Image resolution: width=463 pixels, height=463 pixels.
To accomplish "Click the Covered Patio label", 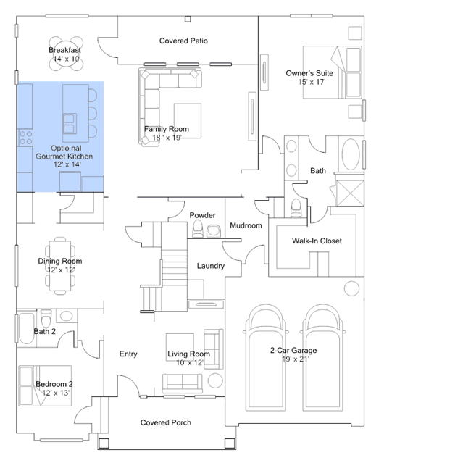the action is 183,41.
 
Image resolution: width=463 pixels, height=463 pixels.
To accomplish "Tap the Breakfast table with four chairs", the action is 66,54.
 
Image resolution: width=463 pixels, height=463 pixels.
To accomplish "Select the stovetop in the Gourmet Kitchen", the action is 25,138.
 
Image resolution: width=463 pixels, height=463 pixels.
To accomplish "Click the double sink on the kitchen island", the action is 70,124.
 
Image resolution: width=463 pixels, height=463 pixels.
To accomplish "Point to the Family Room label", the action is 167,129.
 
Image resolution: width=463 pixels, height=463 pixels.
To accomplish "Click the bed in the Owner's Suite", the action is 332,72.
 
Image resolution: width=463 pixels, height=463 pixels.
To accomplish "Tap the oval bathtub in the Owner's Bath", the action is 351,154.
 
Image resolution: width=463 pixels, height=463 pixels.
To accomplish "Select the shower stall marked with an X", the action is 350,193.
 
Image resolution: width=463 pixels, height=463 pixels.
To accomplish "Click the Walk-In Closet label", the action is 317,241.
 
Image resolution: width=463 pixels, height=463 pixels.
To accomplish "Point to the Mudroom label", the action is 246,225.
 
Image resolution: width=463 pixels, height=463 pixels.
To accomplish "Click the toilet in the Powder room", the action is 198,229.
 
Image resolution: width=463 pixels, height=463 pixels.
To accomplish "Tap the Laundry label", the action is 211,266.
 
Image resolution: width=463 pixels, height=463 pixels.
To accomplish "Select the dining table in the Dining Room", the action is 60,266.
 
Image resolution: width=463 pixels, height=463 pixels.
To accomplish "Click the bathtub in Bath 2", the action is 26,328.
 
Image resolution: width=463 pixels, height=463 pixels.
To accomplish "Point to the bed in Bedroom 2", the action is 45,385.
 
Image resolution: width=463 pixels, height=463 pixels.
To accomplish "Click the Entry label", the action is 128,354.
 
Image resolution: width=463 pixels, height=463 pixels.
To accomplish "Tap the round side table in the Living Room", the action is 215,380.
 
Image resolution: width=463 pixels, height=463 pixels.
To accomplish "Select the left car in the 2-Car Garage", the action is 266,358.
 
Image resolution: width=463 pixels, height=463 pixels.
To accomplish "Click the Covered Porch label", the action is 166,423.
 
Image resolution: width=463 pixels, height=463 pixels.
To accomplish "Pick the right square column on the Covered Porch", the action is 230,443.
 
